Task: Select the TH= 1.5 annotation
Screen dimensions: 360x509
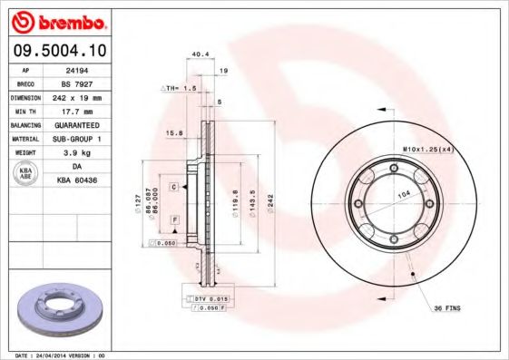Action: click(x=180, y=88)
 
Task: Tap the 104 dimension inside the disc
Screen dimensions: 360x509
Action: click(x=401, y=195)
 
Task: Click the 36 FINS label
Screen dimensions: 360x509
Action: click(x=445, y=309)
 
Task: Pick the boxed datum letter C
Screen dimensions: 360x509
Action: click(x=172, y=186)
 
